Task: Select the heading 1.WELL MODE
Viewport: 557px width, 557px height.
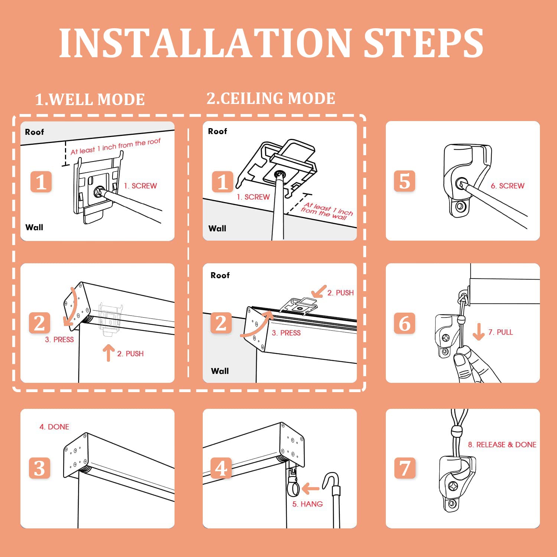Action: pos(90,100)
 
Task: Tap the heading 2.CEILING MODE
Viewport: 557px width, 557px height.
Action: pos(271,98)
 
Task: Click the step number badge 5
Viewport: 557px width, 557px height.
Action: pos(404,181)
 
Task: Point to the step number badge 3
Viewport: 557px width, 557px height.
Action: pos(40,468)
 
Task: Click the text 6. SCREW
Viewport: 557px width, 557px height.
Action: pos(507,186)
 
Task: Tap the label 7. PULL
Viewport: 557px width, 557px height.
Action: pos(500,332)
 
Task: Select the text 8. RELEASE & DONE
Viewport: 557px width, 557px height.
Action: pos(502,444)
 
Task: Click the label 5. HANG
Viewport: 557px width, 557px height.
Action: pos(307,504)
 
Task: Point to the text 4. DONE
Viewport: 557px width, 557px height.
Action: pos(54,427)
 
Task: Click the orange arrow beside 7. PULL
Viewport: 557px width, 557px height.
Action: pos(479,332)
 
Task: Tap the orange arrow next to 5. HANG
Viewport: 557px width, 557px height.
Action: pos(310,489)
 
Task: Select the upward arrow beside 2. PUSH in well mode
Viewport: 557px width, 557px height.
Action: pos(108,353)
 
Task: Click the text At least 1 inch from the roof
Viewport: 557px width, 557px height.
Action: pos(115,146)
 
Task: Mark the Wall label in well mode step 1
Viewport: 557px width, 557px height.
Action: pos(34,227)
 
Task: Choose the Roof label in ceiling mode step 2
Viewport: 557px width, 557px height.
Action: pos(220,275)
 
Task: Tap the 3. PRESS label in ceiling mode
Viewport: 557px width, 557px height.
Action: pos(286,333)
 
